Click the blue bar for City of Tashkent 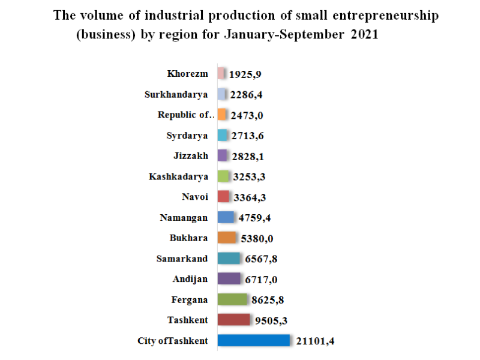click(x=254, y=341)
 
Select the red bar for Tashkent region click(x=233, y=320)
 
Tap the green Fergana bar click(x=232, y=299)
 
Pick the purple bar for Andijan click(x=229, y=279)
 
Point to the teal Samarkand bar click(x=229, y=259)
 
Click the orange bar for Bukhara click(x=227, y=238)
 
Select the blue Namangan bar click(x=226, y=217)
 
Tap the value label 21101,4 click(x=315, y=341)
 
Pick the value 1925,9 click(x=245, y=74)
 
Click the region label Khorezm click(x=188, y=74)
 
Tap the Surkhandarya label click(x=176, y=94)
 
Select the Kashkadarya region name click(x=179, y=176)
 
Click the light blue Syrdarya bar click(x=222, y=136)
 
